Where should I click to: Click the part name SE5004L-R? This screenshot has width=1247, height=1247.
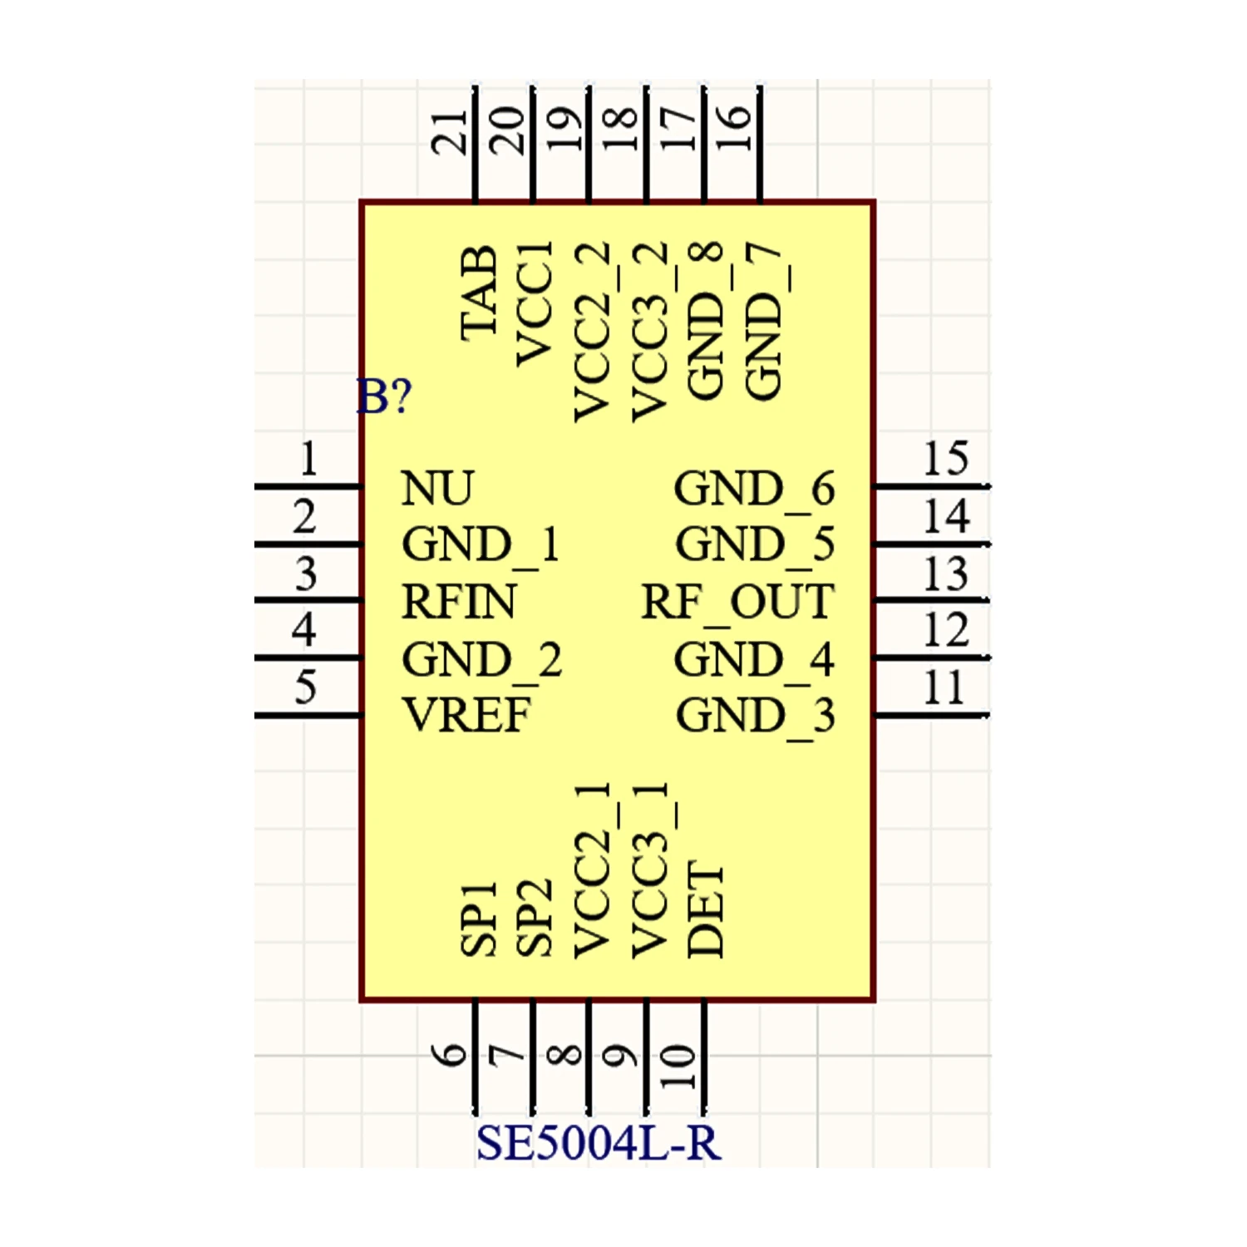(598, 1143)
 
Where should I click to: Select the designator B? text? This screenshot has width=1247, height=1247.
(384, 397)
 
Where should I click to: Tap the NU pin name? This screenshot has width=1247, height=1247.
(437, 488)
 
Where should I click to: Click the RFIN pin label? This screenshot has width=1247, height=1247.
(458, 602)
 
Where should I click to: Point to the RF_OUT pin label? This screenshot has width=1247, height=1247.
(737, 602)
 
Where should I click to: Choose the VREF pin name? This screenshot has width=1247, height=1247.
(466, 715)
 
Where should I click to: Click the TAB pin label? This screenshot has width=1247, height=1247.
(480, 293)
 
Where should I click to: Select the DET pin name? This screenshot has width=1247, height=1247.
(706, 909)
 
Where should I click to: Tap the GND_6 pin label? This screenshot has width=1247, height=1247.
(754, 488)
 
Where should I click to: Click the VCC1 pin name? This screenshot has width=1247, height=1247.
(535, 304)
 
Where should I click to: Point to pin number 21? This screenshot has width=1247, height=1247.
(450, 132)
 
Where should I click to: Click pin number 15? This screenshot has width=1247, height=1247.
(946, 458)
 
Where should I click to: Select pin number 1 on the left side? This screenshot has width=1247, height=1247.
(308, 458)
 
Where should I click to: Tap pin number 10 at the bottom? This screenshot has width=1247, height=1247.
(678, 1067)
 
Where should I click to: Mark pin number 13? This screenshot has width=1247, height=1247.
(946, 574)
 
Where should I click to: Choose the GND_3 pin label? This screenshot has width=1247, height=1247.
(755, 715)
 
